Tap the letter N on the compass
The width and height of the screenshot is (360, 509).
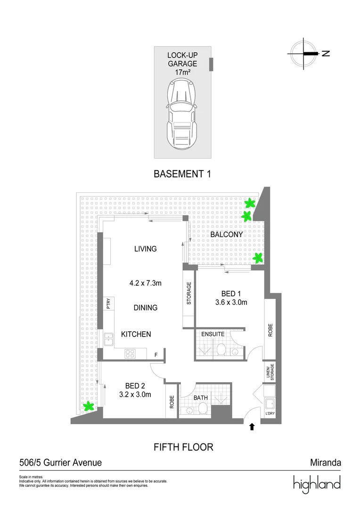(x=326, y=53)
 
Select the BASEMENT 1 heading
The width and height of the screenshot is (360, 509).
(x=182, y=174)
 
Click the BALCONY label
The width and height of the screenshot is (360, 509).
(x=227, y=234)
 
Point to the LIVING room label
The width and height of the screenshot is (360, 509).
(x=145, y=249)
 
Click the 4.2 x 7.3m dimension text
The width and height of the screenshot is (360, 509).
(x=146, y=283)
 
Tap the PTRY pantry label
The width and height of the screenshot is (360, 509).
(x=108, y=303)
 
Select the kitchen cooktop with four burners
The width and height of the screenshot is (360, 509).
(x=130, y=353)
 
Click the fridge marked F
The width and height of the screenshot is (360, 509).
(x=156, y=354)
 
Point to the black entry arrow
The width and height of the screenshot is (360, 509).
(x=252, y=427)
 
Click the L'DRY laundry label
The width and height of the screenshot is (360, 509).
(x=270, y=414)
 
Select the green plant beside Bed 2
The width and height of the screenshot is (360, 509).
(x=88, y=406)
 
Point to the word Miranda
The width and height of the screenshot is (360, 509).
(x=325, y=463)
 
